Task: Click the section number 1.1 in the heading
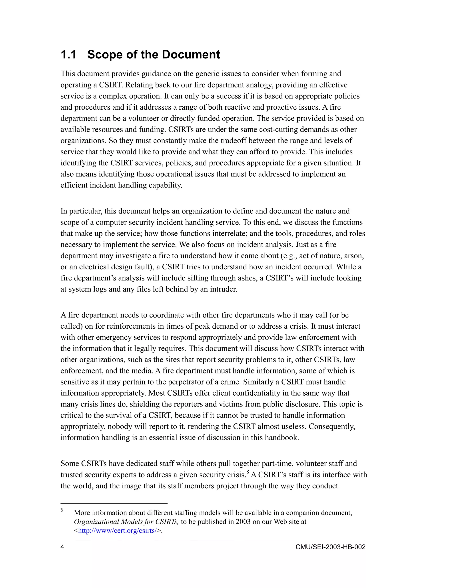pos(68,55)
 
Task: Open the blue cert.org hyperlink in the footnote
pos(117,531)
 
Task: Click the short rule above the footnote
pos(114,503)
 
